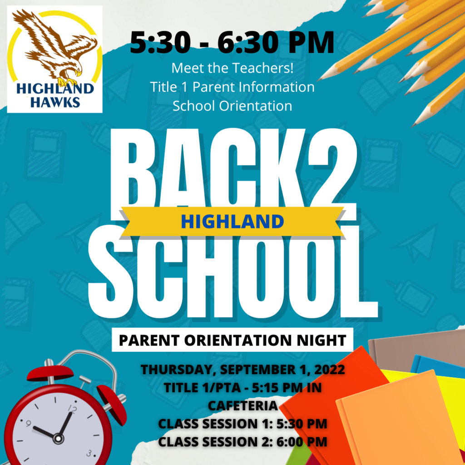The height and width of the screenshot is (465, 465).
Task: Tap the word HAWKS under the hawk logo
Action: tap(55, 102)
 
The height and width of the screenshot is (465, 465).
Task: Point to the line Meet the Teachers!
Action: tap(232, 68)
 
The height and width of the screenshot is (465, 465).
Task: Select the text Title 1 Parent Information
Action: tap(232, 87)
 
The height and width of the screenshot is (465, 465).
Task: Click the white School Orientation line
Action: tap(232, 106)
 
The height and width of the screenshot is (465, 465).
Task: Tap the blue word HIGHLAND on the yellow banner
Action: tap(232, 222)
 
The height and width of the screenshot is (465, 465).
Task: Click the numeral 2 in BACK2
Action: tap(332, 174)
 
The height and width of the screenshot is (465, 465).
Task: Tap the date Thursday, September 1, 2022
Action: tap(242, 370)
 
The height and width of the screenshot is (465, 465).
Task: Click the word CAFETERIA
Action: tap(242, 406)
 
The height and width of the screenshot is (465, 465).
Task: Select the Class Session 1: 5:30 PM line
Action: tap(242, 424)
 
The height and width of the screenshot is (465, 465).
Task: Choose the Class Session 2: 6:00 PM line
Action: tap(242, 441)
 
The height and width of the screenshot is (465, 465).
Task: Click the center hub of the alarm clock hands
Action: tap(58, 438)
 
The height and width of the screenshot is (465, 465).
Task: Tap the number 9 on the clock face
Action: tap(28, 424)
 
